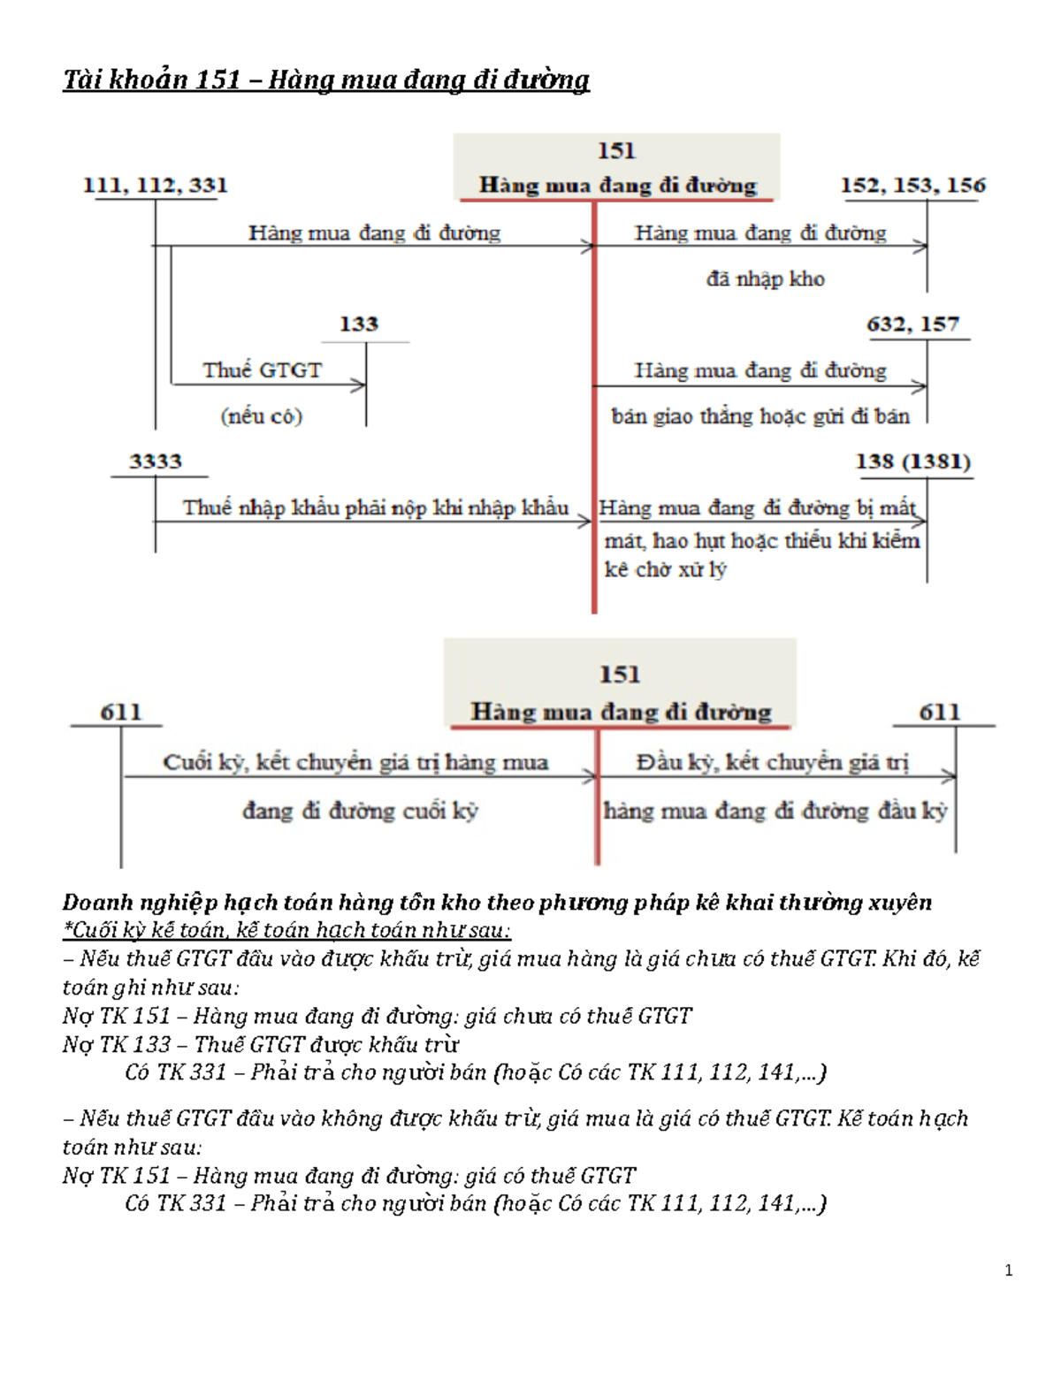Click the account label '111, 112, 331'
(156, 186)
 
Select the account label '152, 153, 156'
(912, 186)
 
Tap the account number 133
(359, 324)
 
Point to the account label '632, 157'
(912, 324)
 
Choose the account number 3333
(156, 461)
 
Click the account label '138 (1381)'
(912, 461)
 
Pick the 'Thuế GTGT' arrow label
(262, 370)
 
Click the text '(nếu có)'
(262, 416)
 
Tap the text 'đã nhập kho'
(765, 279)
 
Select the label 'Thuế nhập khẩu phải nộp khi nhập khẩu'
(375, 508)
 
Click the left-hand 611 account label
(120, 713)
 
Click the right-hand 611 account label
(939, 713)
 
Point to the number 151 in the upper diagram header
(616, 151)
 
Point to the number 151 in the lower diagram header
(619, 675)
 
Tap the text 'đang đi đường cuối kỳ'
(360, 811)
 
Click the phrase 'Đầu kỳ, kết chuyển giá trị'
(772, 762)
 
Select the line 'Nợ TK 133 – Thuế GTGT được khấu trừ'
(261, 1044)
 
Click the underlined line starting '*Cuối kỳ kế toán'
(286, 930)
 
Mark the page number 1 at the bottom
(1009, 1271)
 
